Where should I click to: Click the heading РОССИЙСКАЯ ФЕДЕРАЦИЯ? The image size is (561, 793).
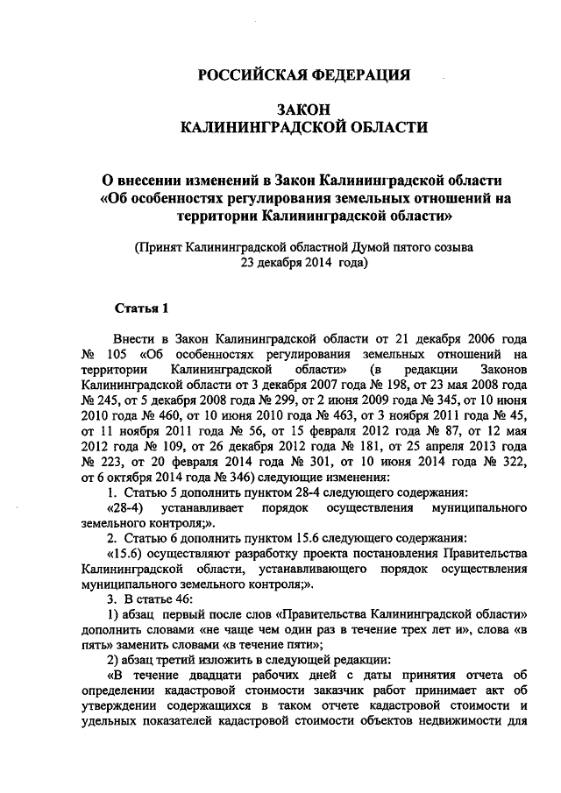click(x=302, y=75)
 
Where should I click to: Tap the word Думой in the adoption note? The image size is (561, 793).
click(x=373, y=246)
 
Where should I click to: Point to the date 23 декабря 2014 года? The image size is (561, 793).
click(x=302, y=261)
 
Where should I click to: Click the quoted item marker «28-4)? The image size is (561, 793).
click(x=126, y=509)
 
